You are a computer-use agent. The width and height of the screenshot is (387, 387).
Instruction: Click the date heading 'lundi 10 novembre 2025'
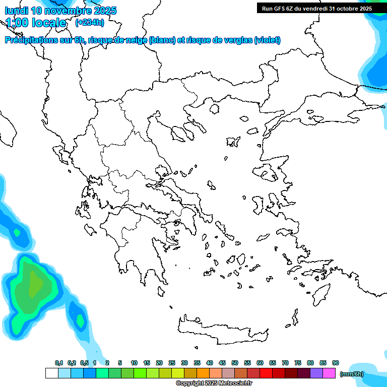pyautogui.click(x=60, y=11)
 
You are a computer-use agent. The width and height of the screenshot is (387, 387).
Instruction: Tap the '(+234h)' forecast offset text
pyautogui.click(x=90, y=22)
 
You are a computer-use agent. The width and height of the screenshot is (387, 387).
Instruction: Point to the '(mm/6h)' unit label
pyautogui.click(x=352, y=374)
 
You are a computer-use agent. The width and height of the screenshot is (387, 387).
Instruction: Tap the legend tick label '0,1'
pyautogui.click(x=59, y=363)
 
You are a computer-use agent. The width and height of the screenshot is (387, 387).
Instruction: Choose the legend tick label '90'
pyautogui.click(x=336, y=363)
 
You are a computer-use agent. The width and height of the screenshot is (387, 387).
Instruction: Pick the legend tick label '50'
pyautogui.click(x=235, y=363)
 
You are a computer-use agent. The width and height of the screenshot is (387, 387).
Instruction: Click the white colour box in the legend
pyautogui.click(x=51, y=373)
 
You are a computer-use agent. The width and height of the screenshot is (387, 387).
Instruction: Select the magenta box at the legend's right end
pyautogui.click(x=329, y=373)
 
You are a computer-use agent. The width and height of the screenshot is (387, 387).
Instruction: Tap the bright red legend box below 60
pyautogui.click(x=266, y=373)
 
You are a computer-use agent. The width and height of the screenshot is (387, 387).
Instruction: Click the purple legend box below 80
pyautogui.click(x=316, y=373)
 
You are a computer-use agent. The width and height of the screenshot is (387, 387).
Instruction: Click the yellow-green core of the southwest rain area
pyautogui.click(x=35, y=285)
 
